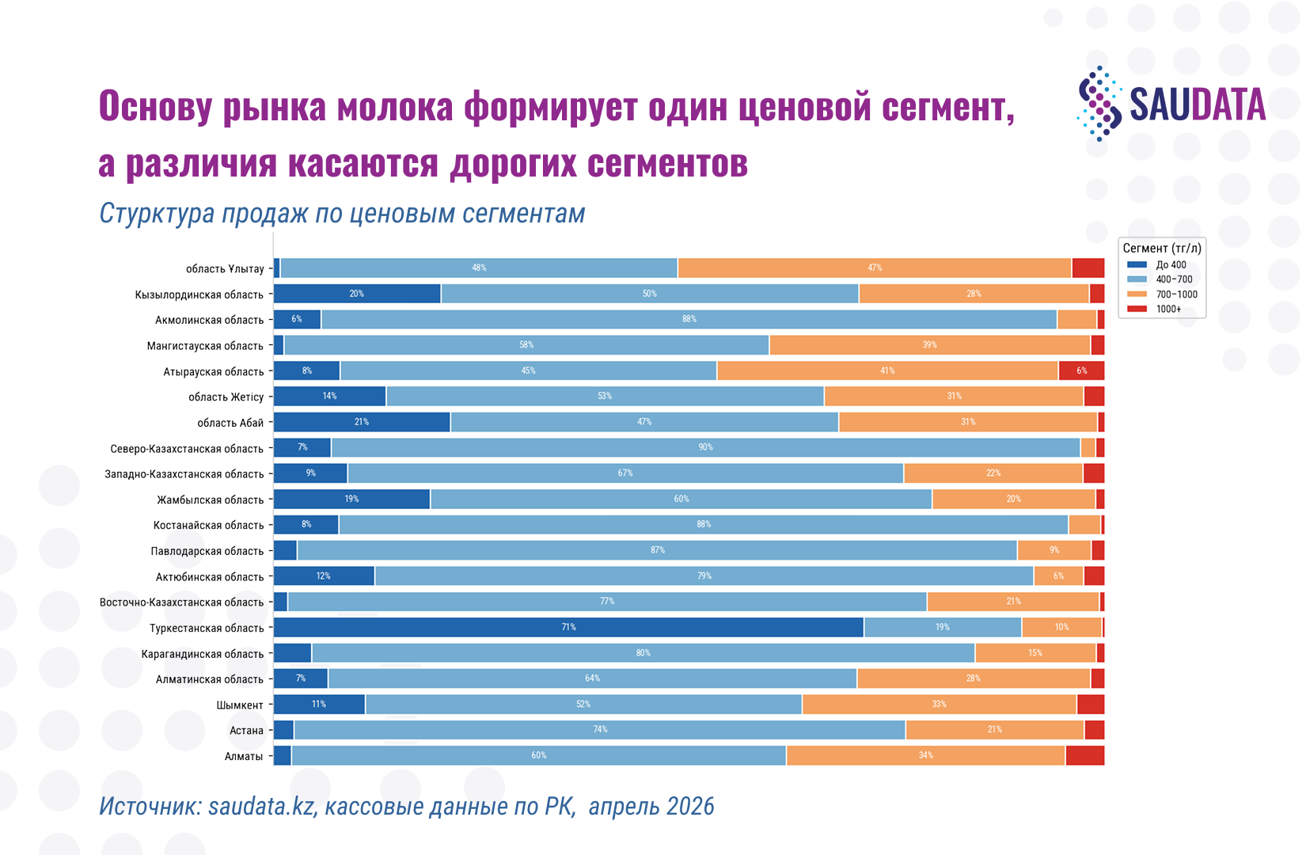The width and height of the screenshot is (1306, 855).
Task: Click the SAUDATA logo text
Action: click(1198, 105)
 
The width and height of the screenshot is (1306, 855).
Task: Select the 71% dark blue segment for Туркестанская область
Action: click(568, 628)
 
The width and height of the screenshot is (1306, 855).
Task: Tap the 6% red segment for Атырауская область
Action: click(1081, 371)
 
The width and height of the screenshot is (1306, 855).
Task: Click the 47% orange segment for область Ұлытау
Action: click(875, 268)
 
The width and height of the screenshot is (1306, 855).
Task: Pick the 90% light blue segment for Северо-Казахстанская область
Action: click(705, 448)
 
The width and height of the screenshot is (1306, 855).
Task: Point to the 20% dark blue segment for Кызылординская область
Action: click(358, 294)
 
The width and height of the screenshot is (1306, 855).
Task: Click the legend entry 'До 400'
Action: click(1156, 264)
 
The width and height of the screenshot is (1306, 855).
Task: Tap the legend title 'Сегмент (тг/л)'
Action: click(1162, 249)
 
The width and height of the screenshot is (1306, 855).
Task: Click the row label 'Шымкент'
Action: click(240, 705)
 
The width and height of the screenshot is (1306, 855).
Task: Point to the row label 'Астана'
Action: click(246, 731)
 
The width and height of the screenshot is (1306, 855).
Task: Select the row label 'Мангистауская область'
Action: click(205, 346)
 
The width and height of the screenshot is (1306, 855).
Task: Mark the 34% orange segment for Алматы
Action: click(926, 756)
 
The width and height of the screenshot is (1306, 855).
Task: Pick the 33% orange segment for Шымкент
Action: click(940, 705)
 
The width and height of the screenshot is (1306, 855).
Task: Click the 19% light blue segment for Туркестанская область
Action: click(943, 628)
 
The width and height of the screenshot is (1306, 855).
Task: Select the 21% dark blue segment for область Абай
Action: click(362, 422)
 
